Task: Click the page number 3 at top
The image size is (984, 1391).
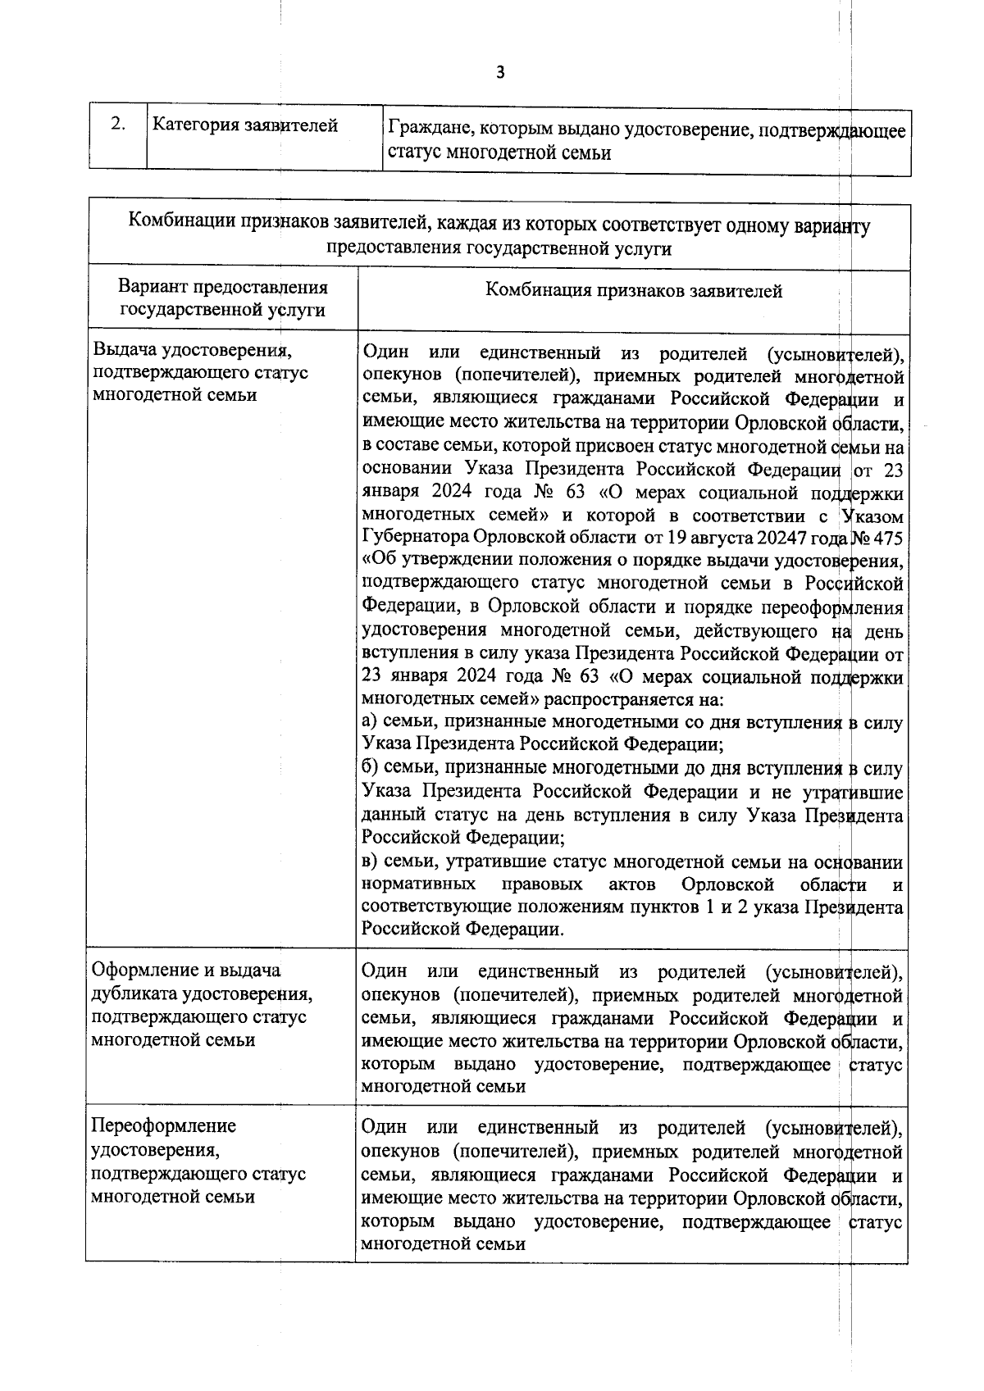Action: pos(500,72)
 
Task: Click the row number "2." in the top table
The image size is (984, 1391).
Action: pos(118,124)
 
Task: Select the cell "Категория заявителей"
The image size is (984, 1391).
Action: pos(246,125)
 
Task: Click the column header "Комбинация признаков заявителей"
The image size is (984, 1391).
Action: pos(633,290)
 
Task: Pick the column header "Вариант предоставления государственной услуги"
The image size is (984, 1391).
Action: pos(223,298)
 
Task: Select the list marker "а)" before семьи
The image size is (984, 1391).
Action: pos(371,723)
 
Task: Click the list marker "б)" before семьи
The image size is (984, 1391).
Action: pos(371,769)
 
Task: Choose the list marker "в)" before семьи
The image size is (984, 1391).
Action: pos(371,862)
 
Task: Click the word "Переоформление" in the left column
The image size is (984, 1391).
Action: pos(164,1125)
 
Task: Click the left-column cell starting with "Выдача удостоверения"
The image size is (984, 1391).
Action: pos(200,372)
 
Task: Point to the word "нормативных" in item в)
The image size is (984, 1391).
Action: pos(418,885)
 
